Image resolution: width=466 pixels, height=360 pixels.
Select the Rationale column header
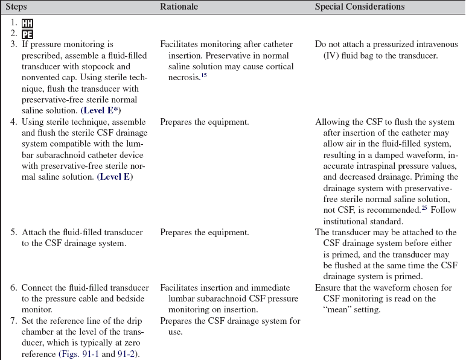point(179,7)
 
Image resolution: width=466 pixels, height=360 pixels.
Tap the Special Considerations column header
point(360,7)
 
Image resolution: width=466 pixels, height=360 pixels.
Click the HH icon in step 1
point(27,24)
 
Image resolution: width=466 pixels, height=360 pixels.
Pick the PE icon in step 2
point(27,34)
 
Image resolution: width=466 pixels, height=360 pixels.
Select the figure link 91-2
point(127,353)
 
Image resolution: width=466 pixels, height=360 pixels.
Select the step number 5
point(13,232)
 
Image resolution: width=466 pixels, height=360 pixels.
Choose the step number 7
point(13,321)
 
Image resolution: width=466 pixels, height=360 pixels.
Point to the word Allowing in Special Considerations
point(332,122)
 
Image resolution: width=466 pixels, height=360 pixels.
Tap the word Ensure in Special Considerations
point(328,288)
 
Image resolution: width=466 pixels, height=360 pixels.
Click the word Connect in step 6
point(37,288)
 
